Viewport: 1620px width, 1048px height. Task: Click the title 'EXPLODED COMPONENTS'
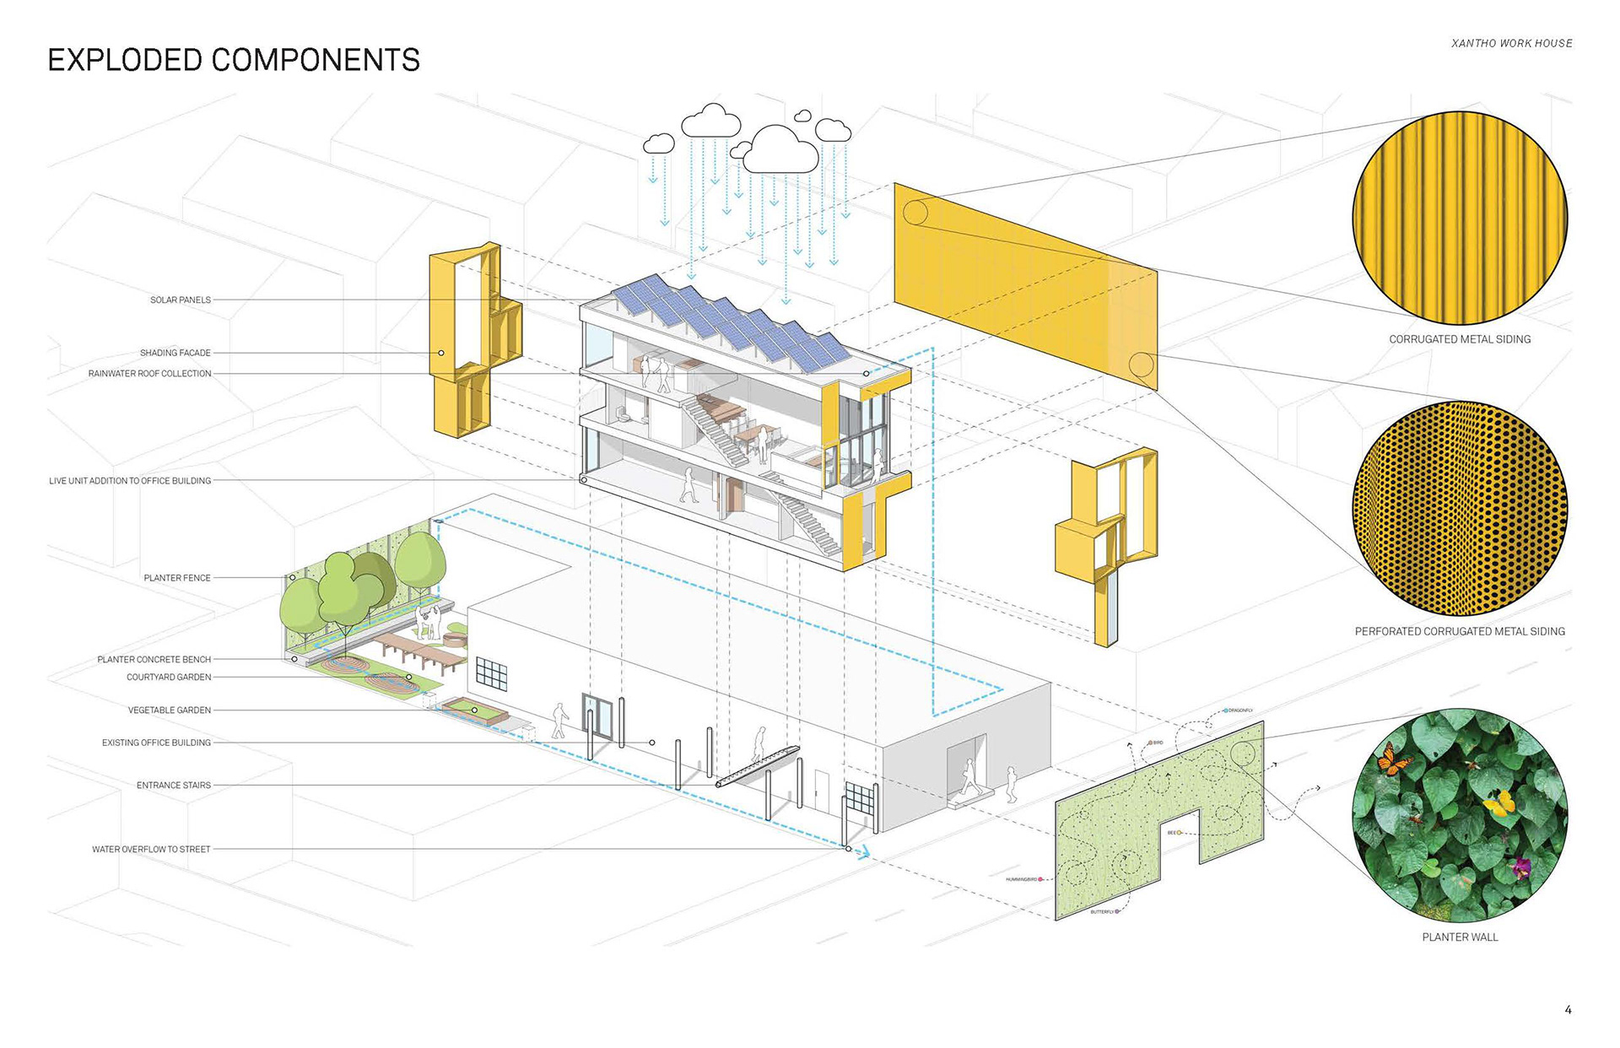tap(234, 60)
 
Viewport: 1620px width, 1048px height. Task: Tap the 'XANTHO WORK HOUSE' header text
tap(1511, 43)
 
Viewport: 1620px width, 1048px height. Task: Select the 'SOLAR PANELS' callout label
tap(181, 300)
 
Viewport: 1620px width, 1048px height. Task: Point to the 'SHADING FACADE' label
tap(175, 353)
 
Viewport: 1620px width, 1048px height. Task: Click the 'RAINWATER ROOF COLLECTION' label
tap(150, 373)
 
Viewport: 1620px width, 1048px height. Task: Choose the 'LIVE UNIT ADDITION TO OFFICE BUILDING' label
tap(130, 481)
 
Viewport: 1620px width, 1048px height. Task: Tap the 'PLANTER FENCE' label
tap(177, 578)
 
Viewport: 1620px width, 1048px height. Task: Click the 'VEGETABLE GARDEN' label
tap(170, 710)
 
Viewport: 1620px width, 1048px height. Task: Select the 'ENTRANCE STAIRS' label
tap(174, 786)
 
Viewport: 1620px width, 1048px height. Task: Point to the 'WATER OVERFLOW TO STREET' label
tap(151, 850)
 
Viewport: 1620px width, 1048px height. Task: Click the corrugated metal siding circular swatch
tap(1460, 217)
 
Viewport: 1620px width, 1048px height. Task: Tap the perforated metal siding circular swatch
tap(1460, 508)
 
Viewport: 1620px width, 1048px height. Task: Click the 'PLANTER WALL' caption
tap(1460, 937)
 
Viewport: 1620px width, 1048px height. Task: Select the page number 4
tap(1568, 1009)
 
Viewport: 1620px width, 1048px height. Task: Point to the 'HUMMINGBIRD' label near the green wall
tap(1022, 879)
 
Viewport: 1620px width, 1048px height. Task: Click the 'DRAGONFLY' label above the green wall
tap(1240, 710)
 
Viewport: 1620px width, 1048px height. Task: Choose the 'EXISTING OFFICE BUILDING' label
tap(157, 743)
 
